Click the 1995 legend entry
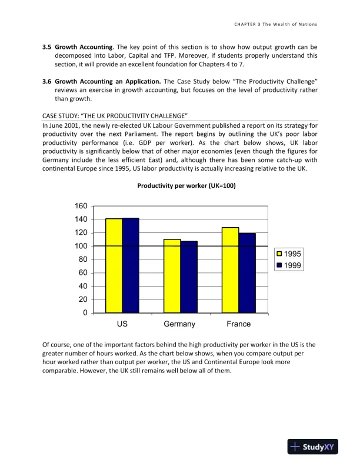tap(288, 254)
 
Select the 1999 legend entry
tap(288, 265)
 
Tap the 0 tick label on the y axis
tap(85, 312)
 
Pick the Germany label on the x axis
tap(179, 324)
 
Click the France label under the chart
tap(238, 324)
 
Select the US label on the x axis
tap(122, 324)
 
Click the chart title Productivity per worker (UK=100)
tap(179, 185)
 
